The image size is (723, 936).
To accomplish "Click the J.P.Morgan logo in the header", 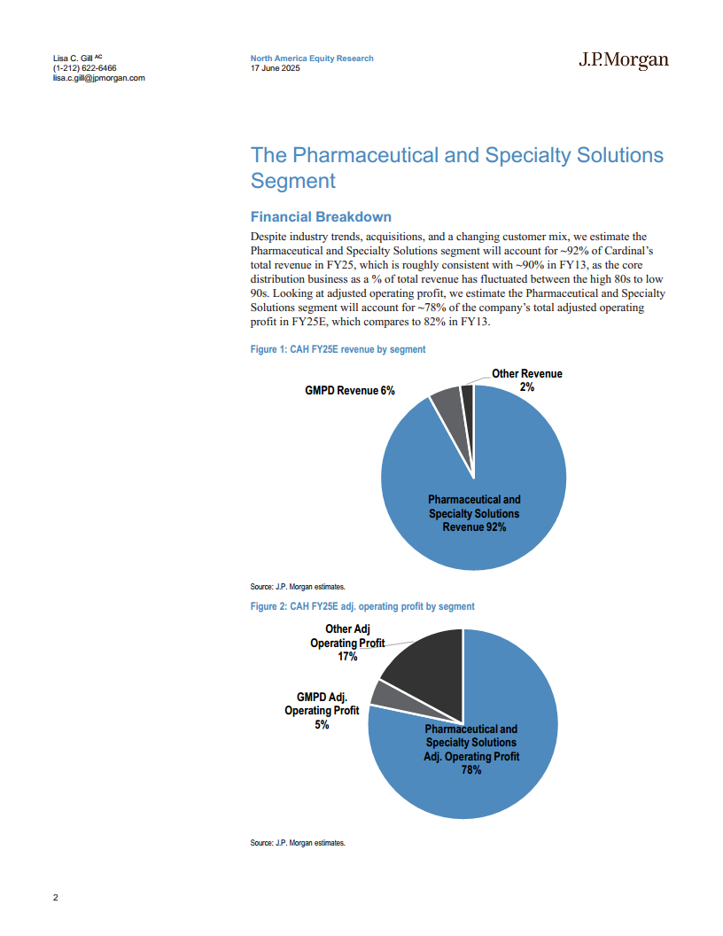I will click(x=623, y=60).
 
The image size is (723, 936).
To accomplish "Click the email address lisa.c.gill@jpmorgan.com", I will click(x=99, y=78).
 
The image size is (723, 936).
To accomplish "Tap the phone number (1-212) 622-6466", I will click(x=84, y=68).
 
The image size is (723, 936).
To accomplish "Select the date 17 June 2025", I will click(x=276, y=68).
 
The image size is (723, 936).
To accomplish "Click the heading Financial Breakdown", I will click(x=321, y=217).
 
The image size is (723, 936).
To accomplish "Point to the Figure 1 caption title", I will click(x=338, y=350).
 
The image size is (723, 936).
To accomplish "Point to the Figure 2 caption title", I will click(x=362, y=606).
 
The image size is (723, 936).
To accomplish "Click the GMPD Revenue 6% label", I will click(x=350, y=391).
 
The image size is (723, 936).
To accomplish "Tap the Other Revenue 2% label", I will click(x=527, y=380).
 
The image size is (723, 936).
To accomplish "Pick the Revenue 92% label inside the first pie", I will click(x=474, y=527).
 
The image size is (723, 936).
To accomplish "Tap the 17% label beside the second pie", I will click(x=347, y=657).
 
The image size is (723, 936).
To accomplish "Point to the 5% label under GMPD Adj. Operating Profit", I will click(x=322, y=724).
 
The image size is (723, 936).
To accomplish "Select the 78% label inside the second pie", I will click(x=471, y=770).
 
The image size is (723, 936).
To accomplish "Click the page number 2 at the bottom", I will click(x=56, y=898).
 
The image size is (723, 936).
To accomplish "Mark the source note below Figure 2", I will click(x=298, y=843).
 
